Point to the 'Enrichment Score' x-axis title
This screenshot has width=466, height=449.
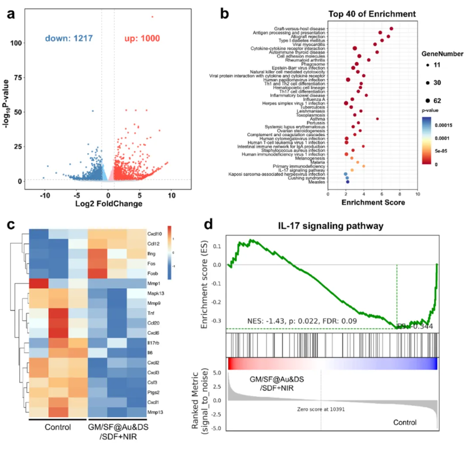tap(372, 203)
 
